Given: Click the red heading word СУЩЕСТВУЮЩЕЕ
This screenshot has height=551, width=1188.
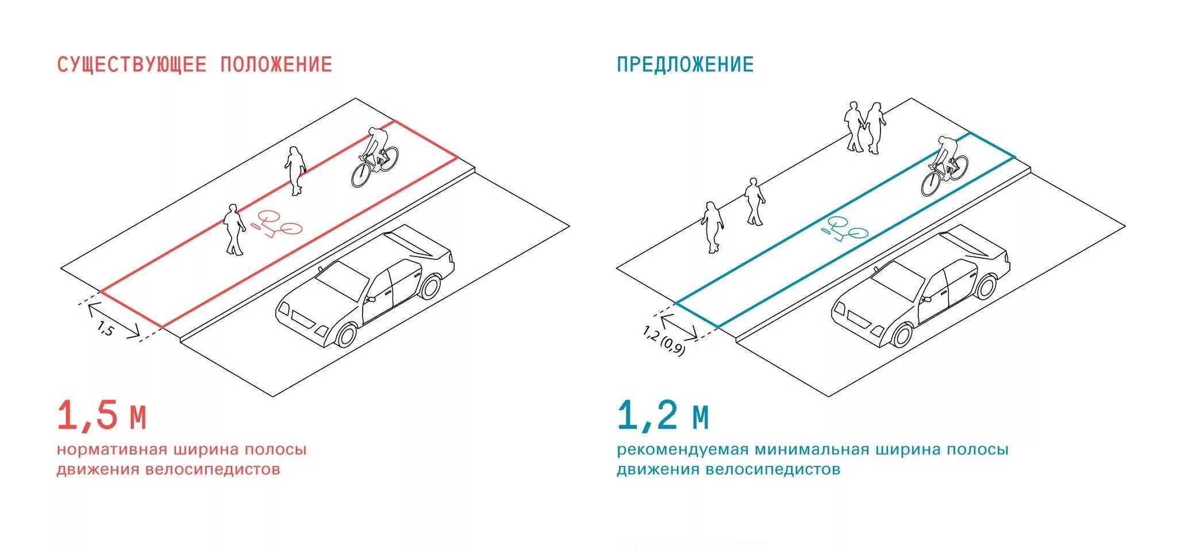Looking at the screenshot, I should click(x=132, y=64).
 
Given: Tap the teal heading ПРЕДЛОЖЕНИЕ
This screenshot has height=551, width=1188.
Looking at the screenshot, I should click(x=685, y=64).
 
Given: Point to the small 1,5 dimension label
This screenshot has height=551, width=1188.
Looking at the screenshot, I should click(x=106, y=330).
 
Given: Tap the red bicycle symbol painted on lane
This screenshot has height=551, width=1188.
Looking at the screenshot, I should click(x=279, y=224).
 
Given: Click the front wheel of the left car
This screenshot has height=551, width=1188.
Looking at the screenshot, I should click(x=345, y=335).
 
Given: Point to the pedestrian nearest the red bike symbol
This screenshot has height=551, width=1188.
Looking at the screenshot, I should click(x=234, y=229).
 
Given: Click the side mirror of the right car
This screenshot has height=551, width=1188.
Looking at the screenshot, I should click(x=926, y=299).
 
